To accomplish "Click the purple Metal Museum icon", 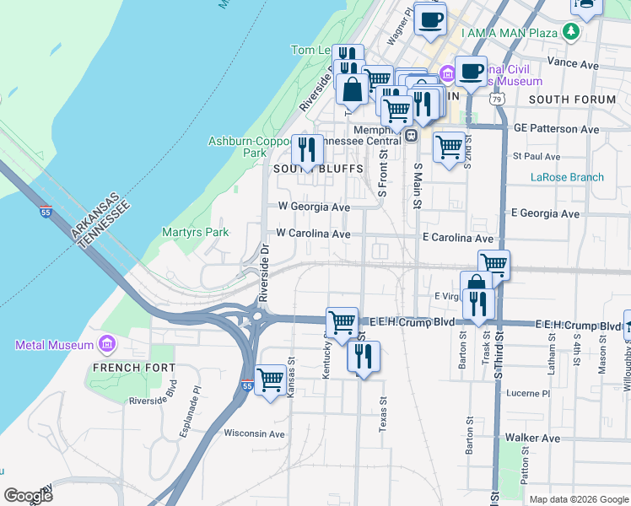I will pyautogui.click(x=107, y=345).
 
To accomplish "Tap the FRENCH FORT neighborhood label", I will pyautogui.click(x=134, y=368).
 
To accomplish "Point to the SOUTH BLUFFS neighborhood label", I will pyautogui.click(x=318, y=169).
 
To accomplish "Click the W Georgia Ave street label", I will pyautogui.click(x=313, y=207).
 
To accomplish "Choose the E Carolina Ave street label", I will pyautogui.click(x=457, y=239).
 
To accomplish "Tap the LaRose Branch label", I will pyautogui.click(x=567, y=177).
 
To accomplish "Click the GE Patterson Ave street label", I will pyautogui.click(x=556, y=129).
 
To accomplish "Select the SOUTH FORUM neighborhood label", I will pyautogui.click(x=572, y=100).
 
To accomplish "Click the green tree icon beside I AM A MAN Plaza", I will pyautogui.click(x=572, y=32).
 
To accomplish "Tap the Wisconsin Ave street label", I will pyautogui.click(x=255, y=433).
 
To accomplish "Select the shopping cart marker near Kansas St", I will pyautogui.click(x=270, y=380).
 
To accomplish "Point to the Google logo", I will pyautogui.click(x=28, y=496).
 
